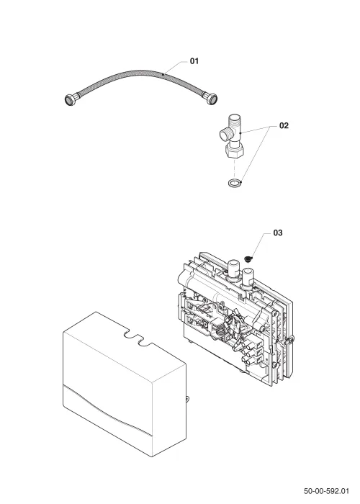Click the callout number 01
(x=194, y=60)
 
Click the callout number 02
(x=284, y=125)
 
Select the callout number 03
(x=278, y=233)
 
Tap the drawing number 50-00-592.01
(x=326, y=491)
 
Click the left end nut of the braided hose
(x=70, y=99)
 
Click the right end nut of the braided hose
(x=210, y=98)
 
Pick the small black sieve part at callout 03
(x=248, y=258)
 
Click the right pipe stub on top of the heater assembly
(x=248, y=276)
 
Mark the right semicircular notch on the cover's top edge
(x=145, y=343)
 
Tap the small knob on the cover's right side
(x=187, y=399)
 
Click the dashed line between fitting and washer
(x=235, y=168)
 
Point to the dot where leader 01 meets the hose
(x=163, y=74)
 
